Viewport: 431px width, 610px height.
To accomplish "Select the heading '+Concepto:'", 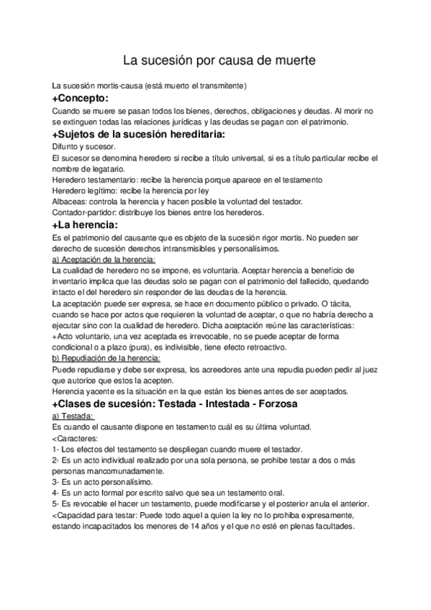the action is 80,98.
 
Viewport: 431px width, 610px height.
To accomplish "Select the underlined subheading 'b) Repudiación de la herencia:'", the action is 106,358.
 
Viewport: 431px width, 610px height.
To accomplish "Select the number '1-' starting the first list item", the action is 57,448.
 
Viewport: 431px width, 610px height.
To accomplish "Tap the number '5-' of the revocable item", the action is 57,504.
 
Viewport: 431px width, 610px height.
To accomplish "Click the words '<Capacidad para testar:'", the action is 97,515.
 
